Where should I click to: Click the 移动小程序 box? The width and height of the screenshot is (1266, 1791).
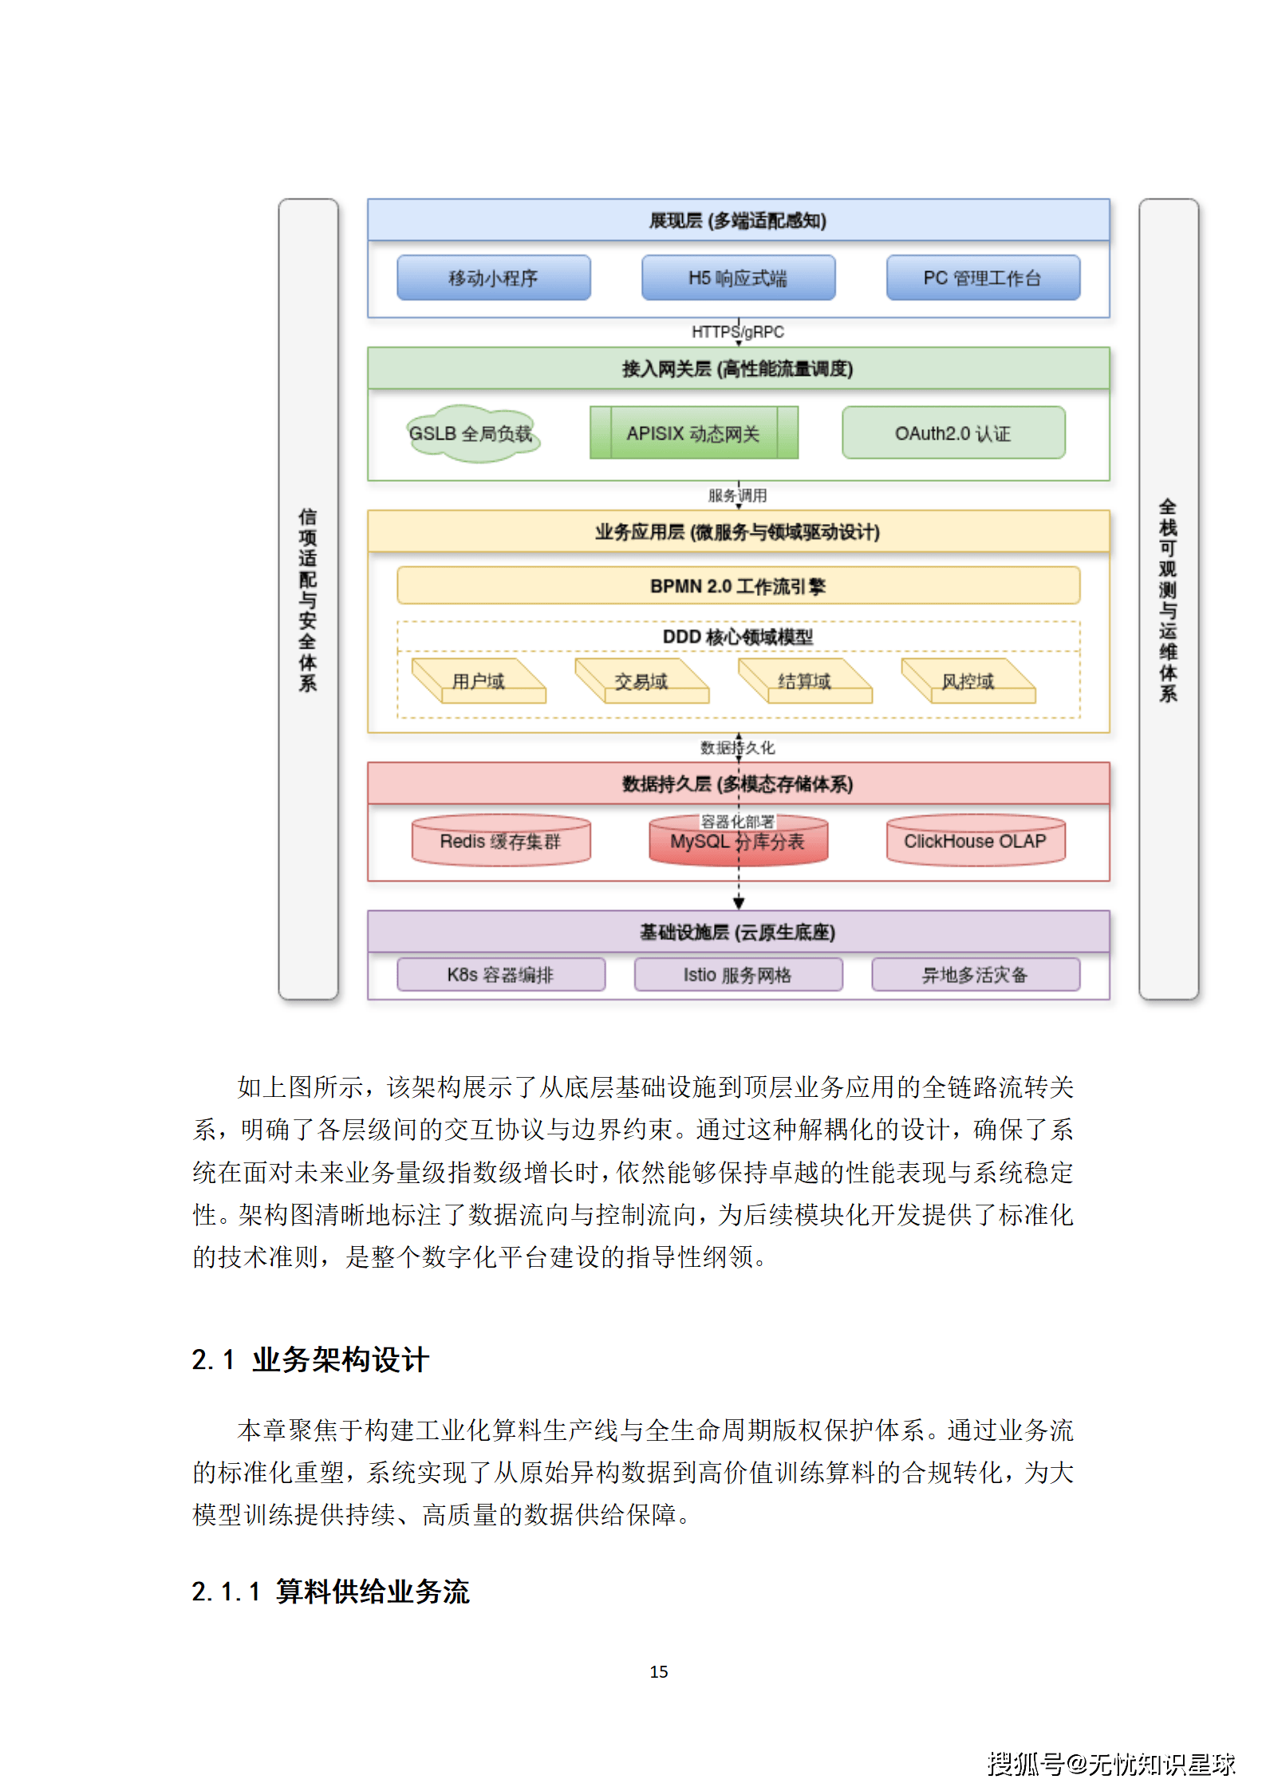click(493, 278)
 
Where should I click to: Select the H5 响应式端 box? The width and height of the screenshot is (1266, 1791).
click(738, 278)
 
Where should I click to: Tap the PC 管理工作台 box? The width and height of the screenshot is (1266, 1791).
click(983, 278)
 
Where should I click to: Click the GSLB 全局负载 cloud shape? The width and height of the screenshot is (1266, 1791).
click(471, 433)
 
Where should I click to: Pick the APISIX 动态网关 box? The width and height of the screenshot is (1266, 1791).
click(693, 433)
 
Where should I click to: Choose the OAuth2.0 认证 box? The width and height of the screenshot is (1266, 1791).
click(953, 433)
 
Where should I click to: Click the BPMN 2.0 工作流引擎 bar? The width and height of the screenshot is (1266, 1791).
click(738, 586)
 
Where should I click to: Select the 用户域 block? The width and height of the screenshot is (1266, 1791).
click(479, 681)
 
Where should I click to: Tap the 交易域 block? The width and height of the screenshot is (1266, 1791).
click(641, 681)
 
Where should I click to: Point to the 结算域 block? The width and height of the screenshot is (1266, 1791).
click(805, 681)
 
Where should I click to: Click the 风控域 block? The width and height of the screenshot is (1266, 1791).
click(968, 681)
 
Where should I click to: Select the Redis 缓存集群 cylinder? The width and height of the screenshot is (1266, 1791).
click(501, 841)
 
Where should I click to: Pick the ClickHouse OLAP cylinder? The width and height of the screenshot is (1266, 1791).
click(976, 841)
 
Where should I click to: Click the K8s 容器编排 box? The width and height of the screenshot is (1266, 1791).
click(501, 975)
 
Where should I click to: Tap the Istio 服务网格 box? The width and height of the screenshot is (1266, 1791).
click(738, 975)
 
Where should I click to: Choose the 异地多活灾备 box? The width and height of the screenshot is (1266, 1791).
click(976, 975)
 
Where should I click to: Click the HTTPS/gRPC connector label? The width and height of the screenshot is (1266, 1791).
click(738, 332)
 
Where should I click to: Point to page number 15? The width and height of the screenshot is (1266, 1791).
click(659, 1671)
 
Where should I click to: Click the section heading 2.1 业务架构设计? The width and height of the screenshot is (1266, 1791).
click(310, 1359)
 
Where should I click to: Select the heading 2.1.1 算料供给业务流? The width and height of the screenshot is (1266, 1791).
click(330, 1592)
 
